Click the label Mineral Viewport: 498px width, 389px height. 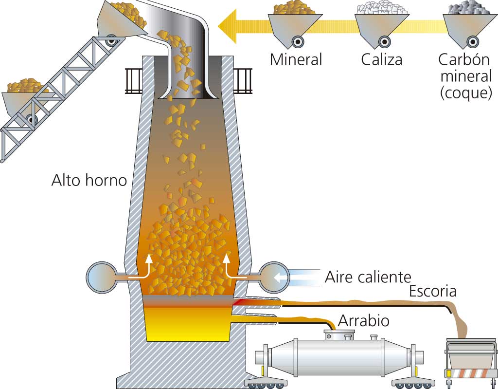[296, 60]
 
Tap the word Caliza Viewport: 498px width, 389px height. [381, 60]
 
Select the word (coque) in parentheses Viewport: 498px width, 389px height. [465, 93]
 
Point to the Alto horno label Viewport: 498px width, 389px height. [89, 181]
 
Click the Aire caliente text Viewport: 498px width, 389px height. [368, 278]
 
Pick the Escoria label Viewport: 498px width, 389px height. [432, 291]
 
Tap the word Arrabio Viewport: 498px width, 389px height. [363, 321]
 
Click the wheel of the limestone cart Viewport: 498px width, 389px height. [384, 41]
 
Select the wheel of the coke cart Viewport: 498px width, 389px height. [470, 41]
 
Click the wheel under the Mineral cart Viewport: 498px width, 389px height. [295, 41]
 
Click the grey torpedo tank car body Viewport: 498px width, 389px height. [336, 355]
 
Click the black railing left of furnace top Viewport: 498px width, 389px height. [133, 80]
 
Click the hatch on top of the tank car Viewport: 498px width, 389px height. [339, 335]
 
